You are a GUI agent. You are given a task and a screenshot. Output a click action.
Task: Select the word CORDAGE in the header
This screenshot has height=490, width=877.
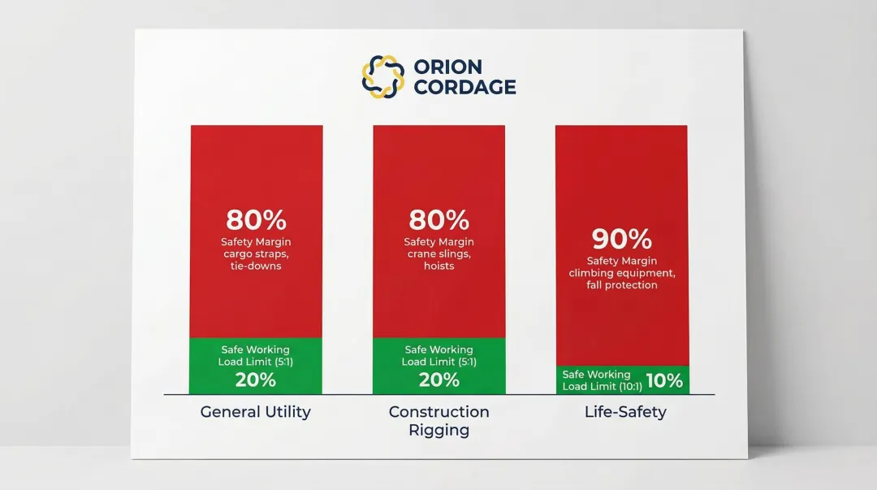[464, 88]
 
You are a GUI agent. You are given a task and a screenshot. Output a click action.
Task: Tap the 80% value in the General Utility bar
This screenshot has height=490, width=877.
[256, 220]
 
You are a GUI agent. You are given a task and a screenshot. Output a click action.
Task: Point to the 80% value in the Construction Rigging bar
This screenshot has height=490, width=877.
[438, 220]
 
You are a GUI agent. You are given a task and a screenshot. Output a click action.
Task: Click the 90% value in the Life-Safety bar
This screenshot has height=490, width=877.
[621, 239]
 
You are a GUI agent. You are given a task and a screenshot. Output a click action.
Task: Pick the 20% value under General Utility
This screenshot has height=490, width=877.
[256, 379]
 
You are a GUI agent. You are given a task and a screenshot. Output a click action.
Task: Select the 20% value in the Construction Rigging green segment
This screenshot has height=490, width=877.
[438, 379]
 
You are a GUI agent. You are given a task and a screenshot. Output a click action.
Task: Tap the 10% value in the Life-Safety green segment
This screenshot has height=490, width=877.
[664, 380]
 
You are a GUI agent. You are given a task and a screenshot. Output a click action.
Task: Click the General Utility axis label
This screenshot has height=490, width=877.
[256, 412]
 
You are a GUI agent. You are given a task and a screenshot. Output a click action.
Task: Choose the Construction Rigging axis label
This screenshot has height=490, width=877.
[438, 421]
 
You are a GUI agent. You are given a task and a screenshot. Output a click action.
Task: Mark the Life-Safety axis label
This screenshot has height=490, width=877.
[625, 412]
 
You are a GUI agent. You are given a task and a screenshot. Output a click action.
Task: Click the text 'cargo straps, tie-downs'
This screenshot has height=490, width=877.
[256, 260]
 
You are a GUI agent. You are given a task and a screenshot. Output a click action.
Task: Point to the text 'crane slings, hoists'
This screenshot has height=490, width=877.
[438, 260]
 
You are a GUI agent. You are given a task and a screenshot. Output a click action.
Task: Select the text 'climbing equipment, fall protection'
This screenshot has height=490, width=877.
[622, 280]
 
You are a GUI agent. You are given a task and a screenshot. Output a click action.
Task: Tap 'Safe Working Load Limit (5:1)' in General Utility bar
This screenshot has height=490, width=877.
[256, 356]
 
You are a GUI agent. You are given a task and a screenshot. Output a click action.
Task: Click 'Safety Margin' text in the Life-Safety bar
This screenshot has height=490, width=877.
[622, 261]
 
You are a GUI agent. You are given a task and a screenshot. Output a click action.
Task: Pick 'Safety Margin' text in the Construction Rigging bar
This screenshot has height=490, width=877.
[438, 242]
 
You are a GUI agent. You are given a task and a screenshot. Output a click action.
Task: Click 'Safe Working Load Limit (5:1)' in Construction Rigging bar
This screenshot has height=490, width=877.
[438, 356]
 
